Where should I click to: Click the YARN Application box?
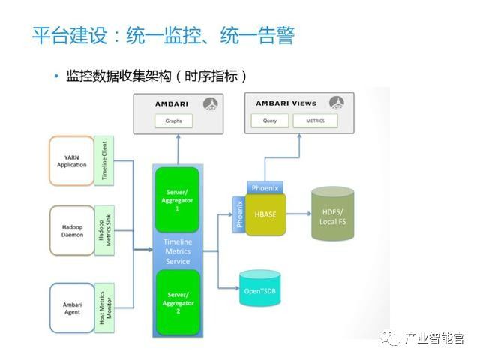pos(72,160)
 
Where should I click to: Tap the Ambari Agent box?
pos(72,307)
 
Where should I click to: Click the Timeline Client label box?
pos(104,160)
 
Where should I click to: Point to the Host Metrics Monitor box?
pos(104,307)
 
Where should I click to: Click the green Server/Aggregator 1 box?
pos(178,199)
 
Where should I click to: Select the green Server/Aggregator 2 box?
pos(178,301)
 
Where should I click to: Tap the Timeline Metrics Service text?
pos(178,251)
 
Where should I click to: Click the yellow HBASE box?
pos(265,214)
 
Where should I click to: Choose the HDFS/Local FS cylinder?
pos(332,213)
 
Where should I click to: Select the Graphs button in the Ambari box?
pos(173,120)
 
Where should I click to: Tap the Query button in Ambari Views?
pos(270,120)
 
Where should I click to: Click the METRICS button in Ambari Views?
pos(316,120)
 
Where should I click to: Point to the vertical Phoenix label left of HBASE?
pos(239,213)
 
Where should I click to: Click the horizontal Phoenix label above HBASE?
pos(265,187)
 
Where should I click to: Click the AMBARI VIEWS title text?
pos(286,103)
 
